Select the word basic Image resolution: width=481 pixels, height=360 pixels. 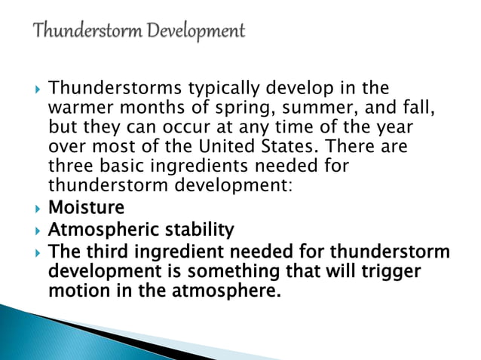114,165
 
